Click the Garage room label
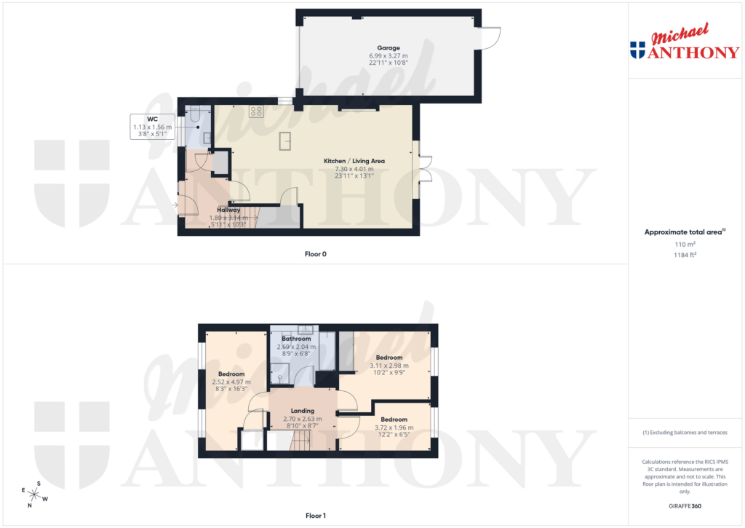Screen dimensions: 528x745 point(389,48)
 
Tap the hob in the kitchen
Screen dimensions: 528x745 point(257,111)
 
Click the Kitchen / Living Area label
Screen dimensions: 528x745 point(354,161)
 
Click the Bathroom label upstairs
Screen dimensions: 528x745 point(296,339)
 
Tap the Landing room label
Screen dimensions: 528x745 point(302,411)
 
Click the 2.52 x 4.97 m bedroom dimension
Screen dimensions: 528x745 point(231,382)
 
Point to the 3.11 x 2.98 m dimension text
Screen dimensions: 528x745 point(389,366)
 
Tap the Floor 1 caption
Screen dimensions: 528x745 point(316,516)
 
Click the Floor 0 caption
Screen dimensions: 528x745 point(316,254)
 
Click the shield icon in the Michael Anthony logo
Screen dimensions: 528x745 point(637,50)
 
